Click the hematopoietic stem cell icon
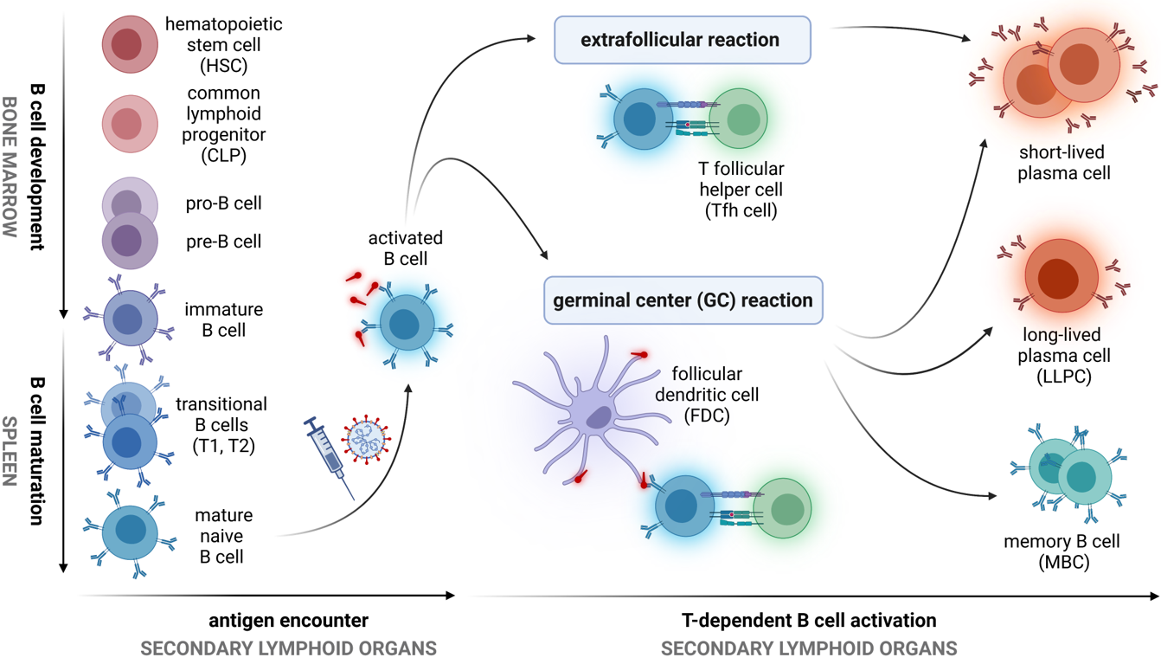tap(130, 43)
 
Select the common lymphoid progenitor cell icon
tap(130, 123)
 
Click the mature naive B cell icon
tap(131, 530)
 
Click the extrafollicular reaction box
tap(682, 40)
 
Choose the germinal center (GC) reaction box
tap(683, 300)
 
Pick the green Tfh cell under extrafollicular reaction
tap(739, 119)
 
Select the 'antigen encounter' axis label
tap(288, 621)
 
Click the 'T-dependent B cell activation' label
tap(809, 621)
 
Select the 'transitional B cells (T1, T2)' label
tap(221, 425)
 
